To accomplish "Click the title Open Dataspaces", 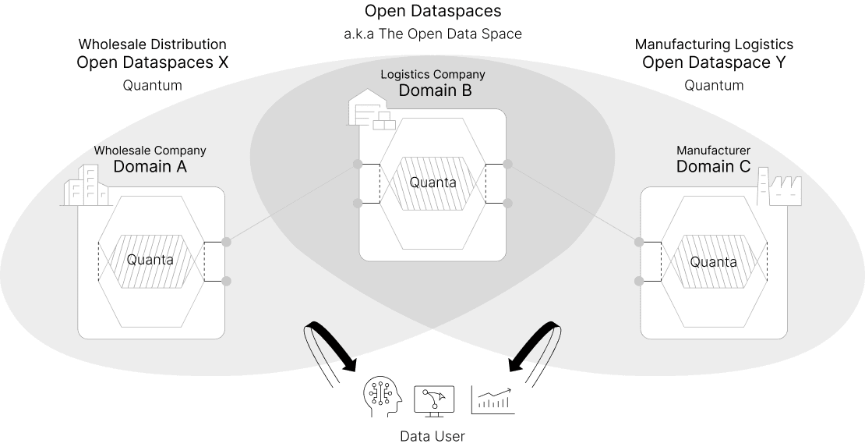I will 432,12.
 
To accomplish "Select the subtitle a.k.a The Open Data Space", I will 432,34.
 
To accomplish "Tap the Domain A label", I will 150,166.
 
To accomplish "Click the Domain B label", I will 435,90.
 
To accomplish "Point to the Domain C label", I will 714,166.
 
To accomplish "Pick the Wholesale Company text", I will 150,150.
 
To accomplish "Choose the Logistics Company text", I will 432,74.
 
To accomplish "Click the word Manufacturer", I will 713,150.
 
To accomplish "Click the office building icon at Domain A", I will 85,186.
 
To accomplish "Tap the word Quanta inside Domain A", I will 150,259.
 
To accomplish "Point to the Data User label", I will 432,436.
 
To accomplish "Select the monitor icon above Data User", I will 433,399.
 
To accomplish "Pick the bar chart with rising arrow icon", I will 491,399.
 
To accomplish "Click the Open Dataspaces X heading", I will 152,63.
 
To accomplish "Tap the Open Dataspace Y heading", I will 714,63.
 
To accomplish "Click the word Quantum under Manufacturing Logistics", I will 714,85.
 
